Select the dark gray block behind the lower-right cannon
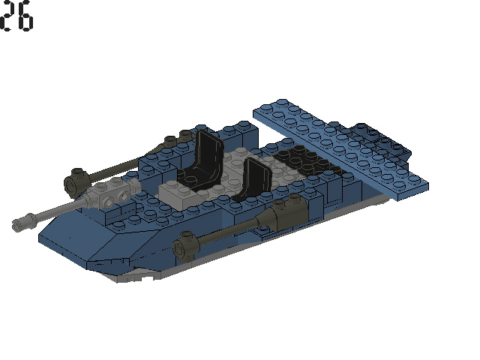coord(285,214)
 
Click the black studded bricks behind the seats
coord(300,161)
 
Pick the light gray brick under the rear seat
coord(180,190)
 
